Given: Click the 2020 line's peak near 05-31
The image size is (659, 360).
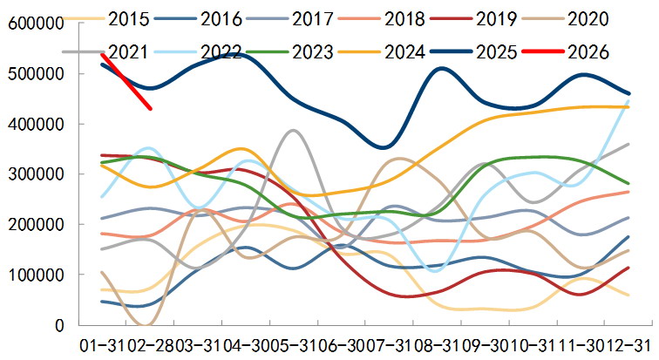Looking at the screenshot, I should [293, 131].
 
